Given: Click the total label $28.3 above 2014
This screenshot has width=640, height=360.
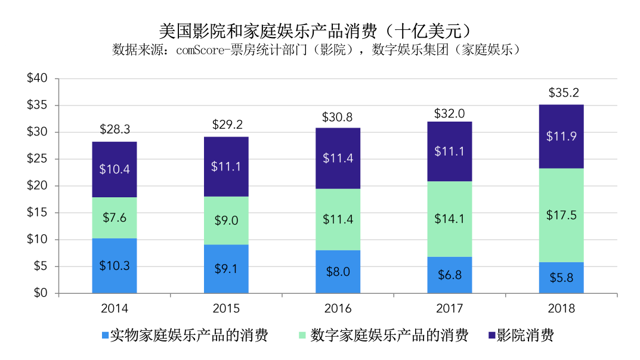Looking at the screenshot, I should pyautogui.click(x=115, y=130).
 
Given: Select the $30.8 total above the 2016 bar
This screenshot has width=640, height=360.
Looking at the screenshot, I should pyautogui.click(x=338, y=117).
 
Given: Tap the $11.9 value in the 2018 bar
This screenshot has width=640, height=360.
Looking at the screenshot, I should pyautogui.click(x=561, y=136).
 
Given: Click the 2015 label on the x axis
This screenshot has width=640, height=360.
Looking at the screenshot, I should pyautogui.click(x=226, y=308).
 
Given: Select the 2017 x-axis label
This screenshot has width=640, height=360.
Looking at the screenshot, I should pyautogui.click(x=450, y=308).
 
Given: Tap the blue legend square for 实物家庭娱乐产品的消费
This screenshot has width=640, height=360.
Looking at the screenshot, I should pyautogui.click(x=106, y=336).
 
